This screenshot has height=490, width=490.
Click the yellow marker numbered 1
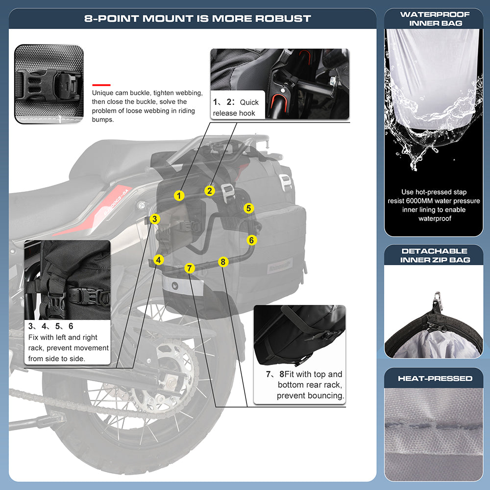pos(179,196)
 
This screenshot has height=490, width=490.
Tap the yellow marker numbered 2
pos(210,191)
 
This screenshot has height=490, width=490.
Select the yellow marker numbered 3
pos(154,219)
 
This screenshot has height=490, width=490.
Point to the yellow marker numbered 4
pos(158,260)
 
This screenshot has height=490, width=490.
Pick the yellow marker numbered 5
pos(249,208)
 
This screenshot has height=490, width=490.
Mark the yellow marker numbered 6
pos(251,240)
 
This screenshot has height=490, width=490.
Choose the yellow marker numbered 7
pos(190,268)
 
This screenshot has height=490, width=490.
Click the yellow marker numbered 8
pos(223,262)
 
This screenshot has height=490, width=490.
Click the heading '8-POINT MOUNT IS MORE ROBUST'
pos(197,19)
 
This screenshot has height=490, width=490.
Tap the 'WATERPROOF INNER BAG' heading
pos(435,19)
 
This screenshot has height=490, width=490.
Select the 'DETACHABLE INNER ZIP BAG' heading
pos(435,255)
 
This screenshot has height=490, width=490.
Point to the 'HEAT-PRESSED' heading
pos(435,378)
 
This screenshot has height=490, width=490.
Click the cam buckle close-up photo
pos(49,84)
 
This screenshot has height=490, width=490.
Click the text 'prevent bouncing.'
pos(310,395)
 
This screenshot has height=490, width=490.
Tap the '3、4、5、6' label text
pos(51,326)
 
